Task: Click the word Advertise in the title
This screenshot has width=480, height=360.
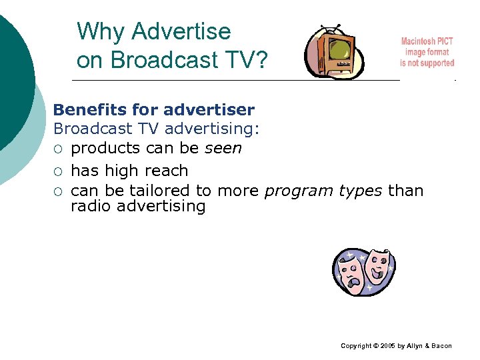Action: point(181,31)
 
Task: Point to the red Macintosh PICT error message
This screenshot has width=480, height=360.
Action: point(427,52)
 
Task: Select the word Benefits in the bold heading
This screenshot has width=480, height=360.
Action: point(86,109)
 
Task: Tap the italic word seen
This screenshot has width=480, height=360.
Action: point(223,147)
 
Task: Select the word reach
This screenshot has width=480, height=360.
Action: point(167,171)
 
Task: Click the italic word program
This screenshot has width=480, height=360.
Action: point(298,191)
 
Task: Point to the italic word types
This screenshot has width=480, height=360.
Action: point(360,191)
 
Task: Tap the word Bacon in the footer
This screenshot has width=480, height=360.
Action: point(441,346)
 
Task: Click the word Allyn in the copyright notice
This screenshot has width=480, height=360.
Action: point(415,346)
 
